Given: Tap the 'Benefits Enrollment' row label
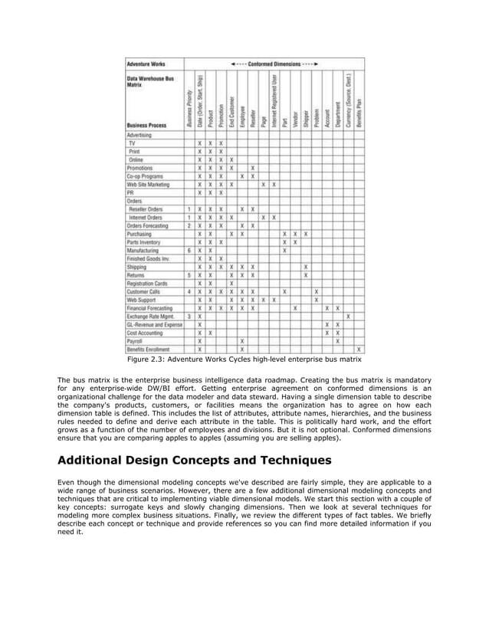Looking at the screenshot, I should [x=147, y=349].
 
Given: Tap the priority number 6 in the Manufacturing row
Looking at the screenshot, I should [x=189, y=250].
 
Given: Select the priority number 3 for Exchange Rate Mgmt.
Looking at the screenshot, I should [x=189, y=316].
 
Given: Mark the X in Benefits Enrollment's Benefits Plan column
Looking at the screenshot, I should [x=359, y=349].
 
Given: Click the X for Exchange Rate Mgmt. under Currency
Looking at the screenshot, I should [x=348, y=316].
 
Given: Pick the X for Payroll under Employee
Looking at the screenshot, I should [x=241, y=340].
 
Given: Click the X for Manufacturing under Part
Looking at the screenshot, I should [x=284, y=250].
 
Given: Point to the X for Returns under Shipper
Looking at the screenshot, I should [x=305, y=274].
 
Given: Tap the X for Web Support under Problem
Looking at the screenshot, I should [x=316, y=300].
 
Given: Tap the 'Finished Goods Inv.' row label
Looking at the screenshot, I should [x=147, y=258].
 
